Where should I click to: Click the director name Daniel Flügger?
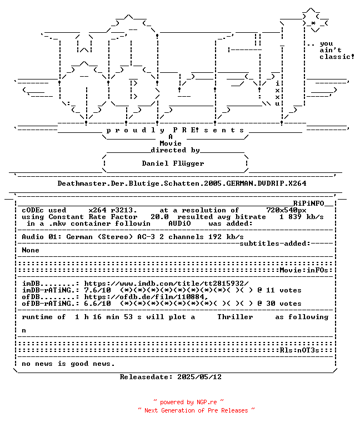173,163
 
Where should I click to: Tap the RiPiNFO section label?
308,203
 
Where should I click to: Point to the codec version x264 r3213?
113,210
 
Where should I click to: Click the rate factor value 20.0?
160,217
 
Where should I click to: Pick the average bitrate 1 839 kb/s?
302,217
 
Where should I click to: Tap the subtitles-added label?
275,244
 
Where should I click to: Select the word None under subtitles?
31,250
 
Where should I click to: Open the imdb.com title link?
166,284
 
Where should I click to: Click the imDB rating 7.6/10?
97,290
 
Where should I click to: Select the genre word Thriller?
235,317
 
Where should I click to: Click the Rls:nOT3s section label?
299,350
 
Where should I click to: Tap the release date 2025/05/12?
199,377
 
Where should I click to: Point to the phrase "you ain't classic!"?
337,51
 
